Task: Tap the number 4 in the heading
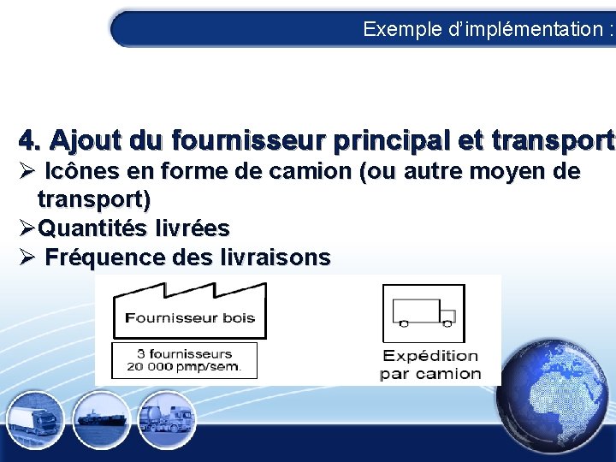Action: [x=28, y=139]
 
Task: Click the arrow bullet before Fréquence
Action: [x=26, y=257]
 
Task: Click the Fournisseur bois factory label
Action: [x=190, y=318]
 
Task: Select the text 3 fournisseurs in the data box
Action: [x=184, y=353]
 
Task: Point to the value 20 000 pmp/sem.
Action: [x=184, y=367]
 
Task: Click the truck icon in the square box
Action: [x=423, y=312]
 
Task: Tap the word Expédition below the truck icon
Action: [x=430, y=356]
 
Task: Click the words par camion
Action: [x=430, y=374]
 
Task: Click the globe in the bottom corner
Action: [x=556, y=401]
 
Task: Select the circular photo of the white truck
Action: [x=33, y=420]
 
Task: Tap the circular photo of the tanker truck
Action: [x=166, y=418]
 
